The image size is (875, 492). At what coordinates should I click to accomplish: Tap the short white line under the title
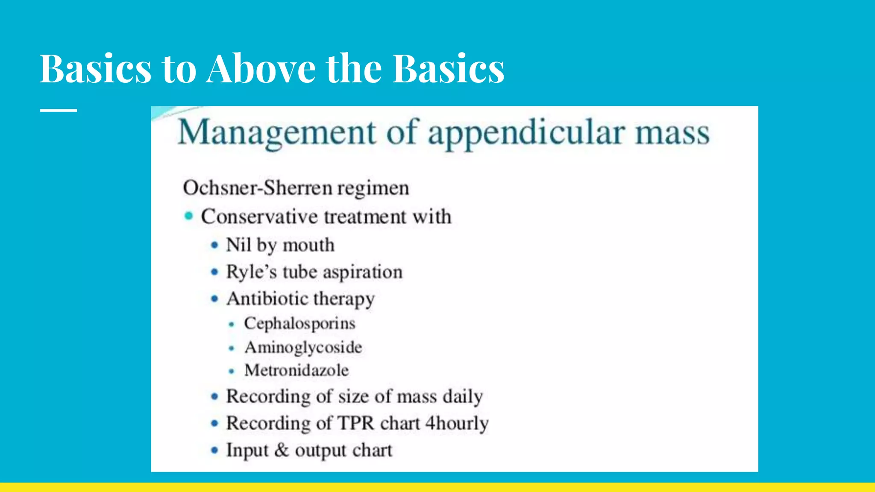[x=59, y=110]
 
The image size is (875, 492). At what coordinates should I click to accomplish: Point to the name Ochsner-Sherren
[x=258, y=188]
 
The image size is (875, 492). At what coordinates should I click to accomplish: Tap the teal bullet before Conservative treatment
[x=188, y=216]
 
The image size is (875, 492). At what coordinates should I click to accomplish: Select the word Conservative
[x=259, y=217]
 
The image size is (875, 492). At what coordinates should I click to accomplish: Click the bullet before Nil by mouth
[x=214, y=245]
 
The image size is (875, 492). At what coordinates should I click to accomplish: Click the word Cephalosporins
[x=299, y=324]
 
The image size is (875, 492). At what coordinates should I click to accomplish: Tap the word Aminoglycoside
[x=303, y=348]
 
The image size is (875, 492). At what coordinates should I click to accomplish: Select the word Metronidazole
[x=297, y=370]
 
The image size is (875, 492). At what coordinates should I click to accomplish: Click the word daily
[x=463, y=397]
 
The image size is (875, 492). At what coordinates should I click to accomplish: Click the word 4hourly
[x=457, y=423]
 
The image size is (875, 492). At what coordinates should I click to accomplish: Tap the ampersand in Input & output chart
[x=282, y=450]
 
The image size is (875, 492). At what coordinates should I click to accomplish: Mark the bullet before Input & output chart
[x=214, y=450]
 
